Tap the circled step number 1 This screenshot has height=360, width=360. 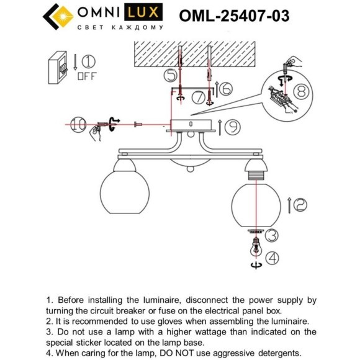(89, 61)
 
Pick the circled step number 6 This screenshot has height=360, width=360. (225, 89)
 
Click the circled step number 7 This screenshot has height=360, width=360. (198, 97)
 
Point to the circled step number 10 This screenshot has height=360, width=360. (78, 125)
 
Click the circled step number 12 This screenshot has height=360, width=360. (300, 204)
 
